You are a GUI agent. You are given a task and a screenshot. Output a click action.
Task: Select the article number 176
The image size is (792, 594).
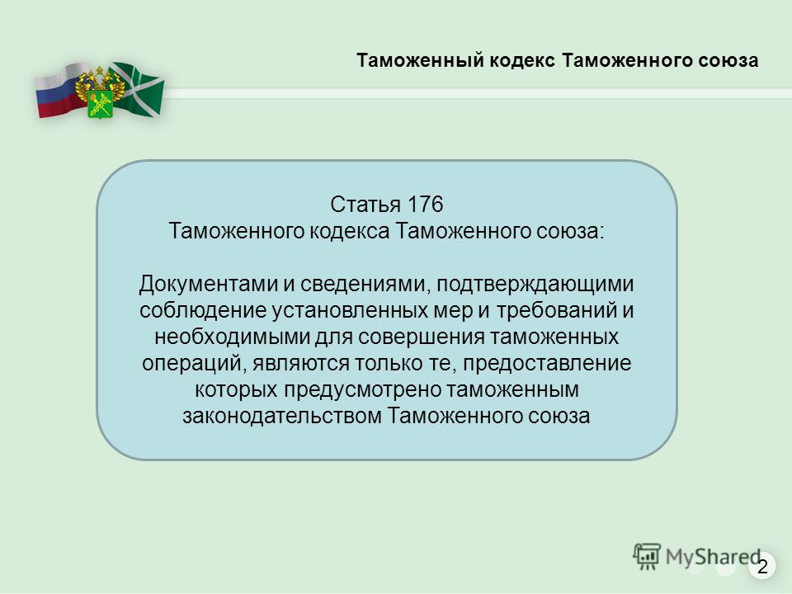(x=425, y=205)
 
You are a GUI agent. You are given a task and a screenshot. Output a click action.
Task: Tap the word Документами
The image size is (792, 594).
(x=209, y=285)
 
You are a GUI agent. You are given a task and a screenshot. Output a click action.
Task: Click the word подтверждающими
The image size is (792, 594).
(x=535, y=285)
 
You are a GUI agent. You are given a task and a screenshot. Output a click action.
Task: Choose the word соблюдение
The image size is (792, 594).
(x=203, y=311)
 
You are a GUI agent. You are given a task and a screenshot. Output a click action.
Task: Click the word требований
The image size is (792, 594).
(x=557, y=311)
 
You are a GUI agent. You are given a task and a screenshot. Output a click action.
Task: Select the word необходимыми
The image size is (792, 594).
(x=232, y=337)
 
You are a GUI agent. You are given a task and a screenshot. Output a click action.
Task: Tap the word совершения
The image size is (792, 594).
(x=421, y=337)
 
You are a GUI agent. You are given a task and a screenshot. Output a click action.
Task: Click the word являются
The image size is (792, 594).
(x=300, y=364)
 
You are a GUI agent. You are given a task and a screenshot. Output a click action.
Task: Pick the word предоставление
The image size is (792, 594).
(x=547, y=364)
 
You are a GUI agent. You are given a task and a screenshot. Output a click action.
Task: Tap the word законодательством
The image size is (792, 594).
(x=282, y=416)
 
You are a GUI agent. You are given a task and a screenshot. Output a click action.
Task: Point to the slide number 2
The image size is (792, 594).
(x=762, y=566)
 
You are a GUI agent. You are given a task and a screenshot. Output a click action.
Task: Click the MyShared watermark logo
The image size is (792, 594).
(x=697, y=557)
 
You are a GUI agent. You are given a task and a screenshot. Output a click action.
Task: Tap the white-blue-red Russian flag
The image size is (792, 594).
(x=58, y=91)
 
